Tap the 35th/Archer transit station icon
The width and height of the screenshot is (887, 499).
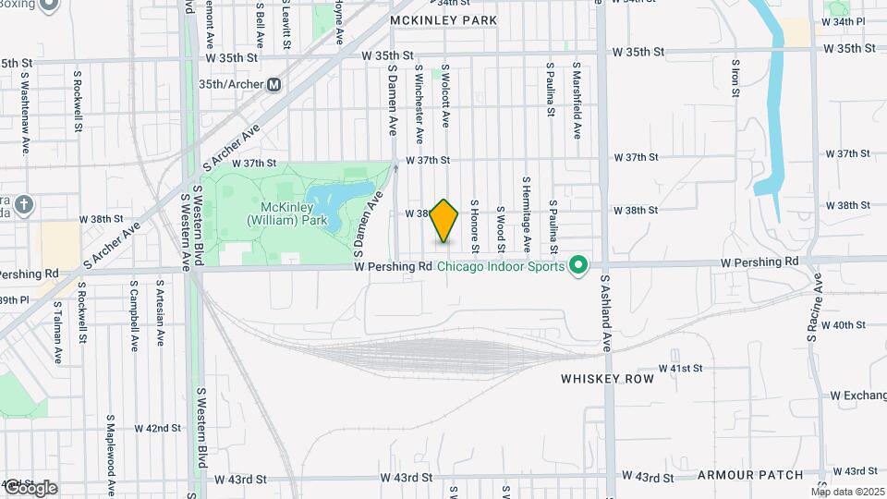click(x=273, y=85)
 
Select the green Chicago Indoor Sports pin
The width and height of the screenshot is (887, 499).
click(x=578, y=266)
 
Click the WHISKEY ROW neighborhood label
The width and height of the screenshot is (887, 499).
click(x=607, y=379)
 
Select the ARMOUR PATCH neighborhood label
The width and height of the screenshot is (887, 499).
click(x=750, y=475)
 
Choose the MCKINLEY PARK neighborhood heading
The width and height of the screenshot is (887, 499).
click(x=443, y=19)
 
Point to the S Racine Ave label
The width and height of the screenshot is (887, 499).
click(x=815, y=309)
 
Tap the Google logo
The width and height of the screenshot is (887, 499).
click(x=30, y=488)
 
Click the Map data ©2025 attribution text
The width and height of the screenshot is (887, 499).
click(x=847, y=491)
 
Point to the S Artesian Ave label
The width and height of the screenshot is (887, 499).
click(x=160, y=314)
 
